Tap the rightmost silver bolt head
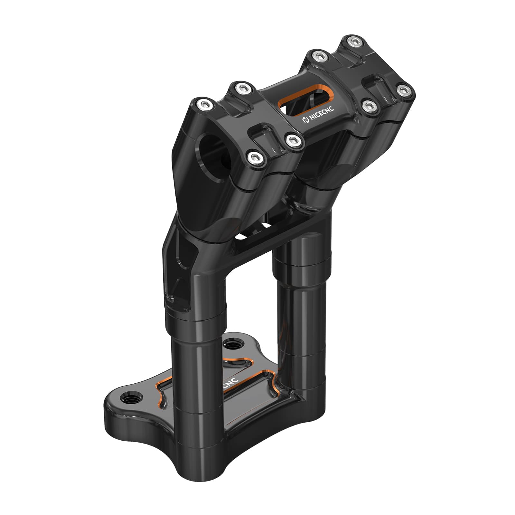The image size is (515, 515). tap(404, 90)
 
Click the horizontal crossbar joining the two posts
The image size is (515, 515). tap(257, 245)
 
